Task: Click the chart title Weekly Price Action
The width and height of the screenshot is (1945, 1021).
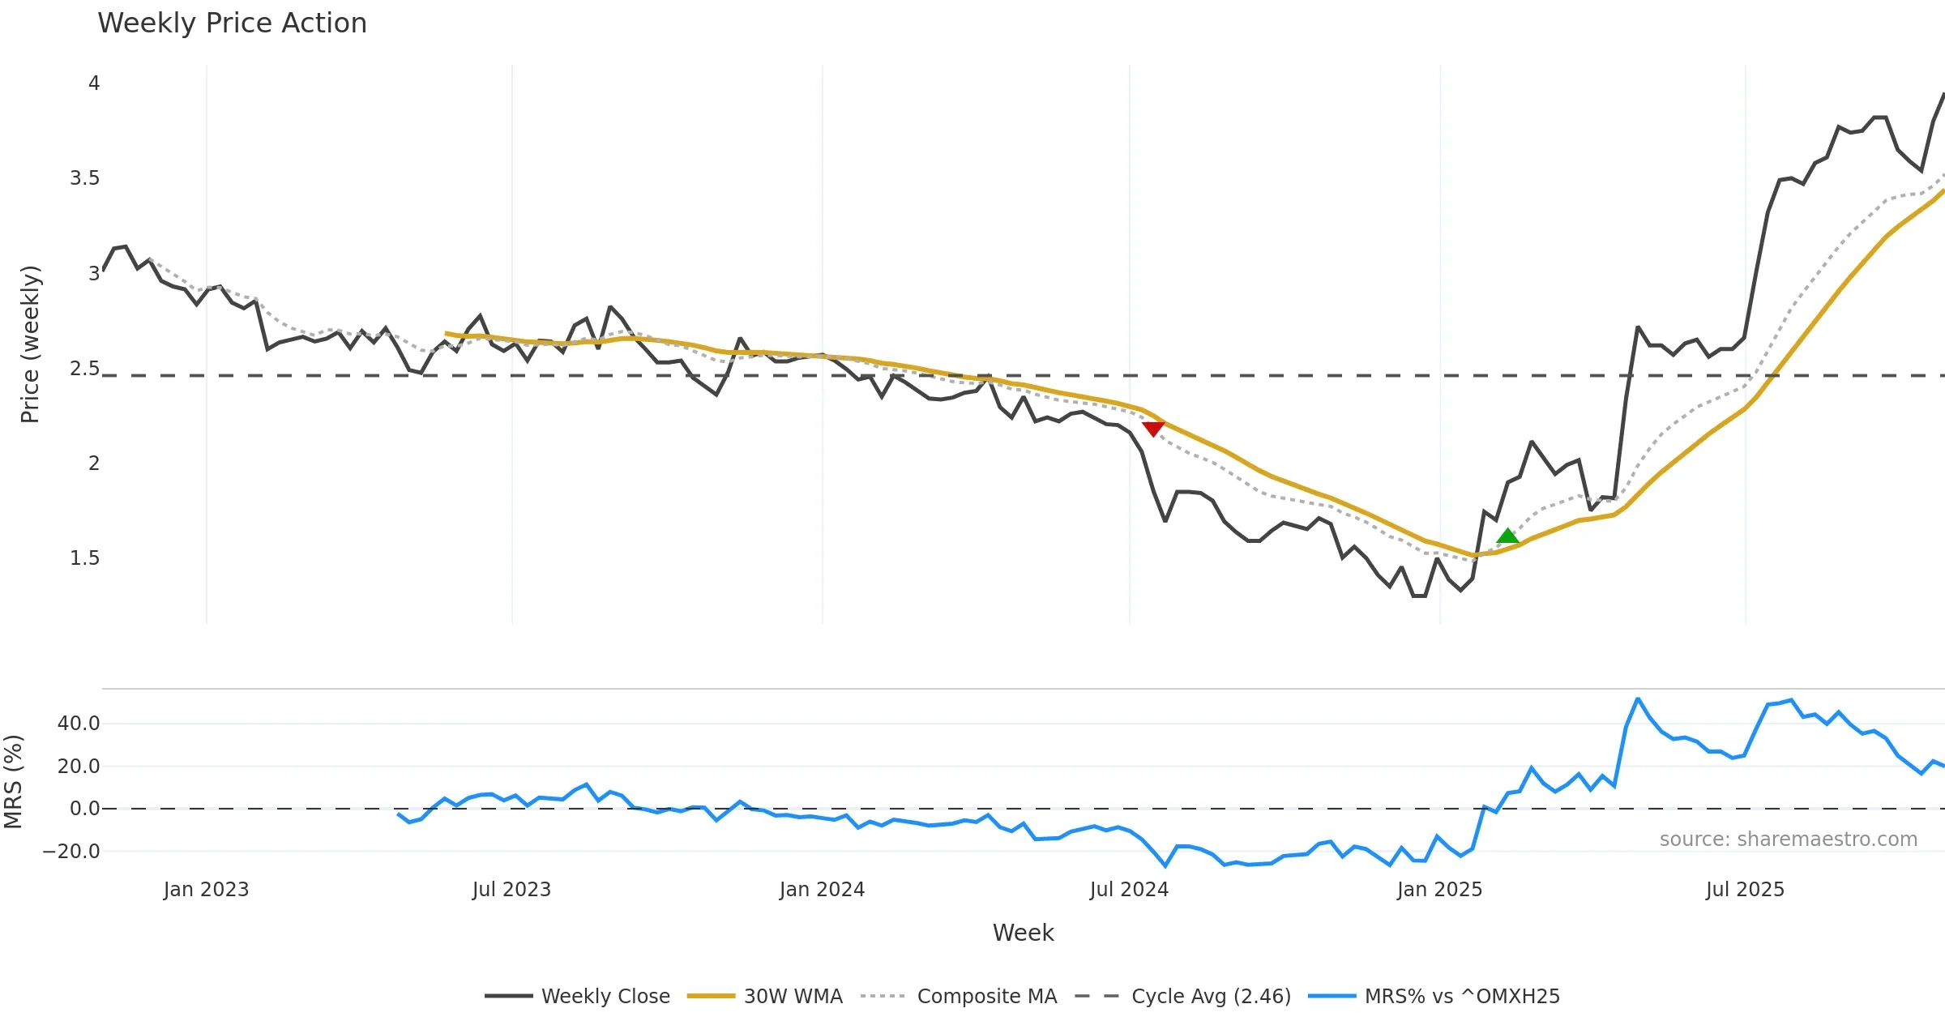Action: (x=232, y=23)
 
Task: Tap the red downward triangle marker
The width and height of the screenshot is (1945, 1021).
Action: (x=1152, y=429)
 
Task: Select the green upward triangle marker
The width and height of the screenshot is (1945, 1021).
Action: (x=1507, y=536)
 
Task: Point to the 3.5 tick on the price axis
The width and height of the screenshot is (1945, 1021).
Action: (x=84, y=178)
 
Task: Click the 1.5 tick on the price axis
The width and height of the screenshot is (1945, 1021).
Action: (x=84, y=558)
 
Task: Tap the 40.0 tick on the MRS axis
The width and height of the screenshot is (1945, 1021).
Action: (x=79, y=724)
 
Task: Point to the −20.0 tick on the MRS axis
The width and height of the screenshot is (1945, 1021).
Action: (x=71, y=852)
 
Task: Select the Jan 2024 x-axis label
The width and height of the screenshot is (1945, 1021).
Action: (x=822, y=890)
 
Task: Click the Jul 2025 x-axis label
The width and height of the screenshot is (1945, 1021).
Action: (x=1745, y=890)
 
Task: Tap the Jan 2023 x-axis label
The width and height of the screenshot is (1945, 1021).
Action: (x=206, y=890)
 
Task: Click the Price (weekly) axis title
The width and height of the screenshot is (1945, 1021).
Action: (x=30, y=344)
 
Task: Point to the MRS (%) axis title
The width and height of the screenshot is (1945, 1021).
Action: (x=13, y=782)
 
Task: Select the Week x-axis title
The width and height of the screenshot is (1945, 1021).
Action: (x=1023, y=933)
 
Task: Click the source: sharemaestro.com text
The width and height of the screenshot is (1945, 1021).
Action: (x=1788, y=839)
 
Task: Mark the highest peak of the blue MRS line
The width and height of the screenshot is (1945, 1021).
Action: (x=1638, y=698)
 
